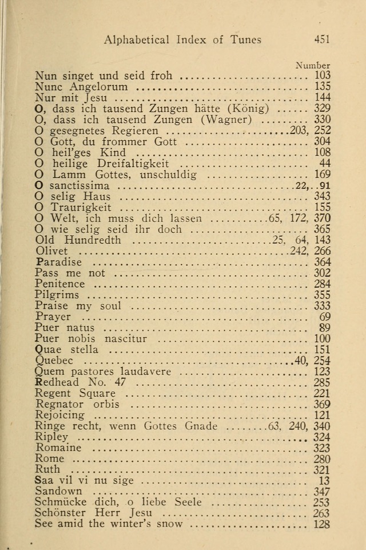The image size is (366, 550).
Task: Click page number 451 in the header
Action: point(322,40)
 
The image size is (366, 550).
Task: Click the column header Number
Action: point(313,66)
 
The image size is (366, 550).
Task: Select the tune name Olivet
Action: point(51,251)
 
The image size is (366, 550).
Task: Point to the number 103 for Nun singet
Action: point(323,76)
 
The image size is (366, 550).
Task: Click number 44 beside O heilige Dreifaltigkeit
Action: point(325,164)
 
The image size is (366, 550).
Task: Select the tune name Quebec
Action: point(54,361)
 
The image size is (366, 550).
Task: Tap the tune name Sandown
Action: point(58,491)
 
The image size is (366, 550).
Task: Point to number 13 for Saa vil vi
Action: point(325,481)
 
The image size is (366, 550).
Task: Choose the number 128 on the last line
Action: point(323,524)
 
